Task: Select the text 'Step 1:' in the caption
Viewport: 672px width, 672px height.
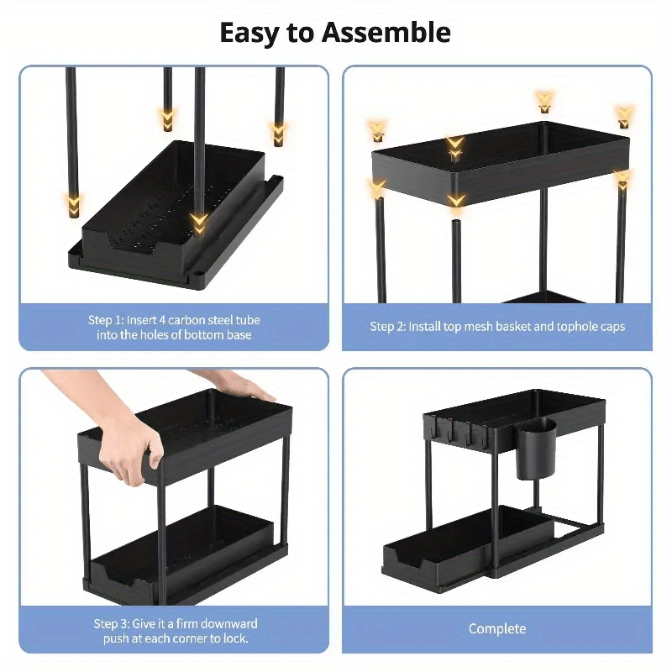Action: [107, 320]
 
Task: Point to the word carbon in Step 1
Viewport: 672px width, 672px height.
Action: [176, 320]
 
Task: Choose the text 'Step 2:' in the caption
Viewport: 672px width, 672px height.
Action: [387, 326]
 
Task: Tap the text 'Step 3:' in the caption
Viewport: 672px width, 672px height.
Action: [112, 623]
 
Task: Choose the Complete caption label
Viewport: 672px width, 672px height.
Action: [497, 628]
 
